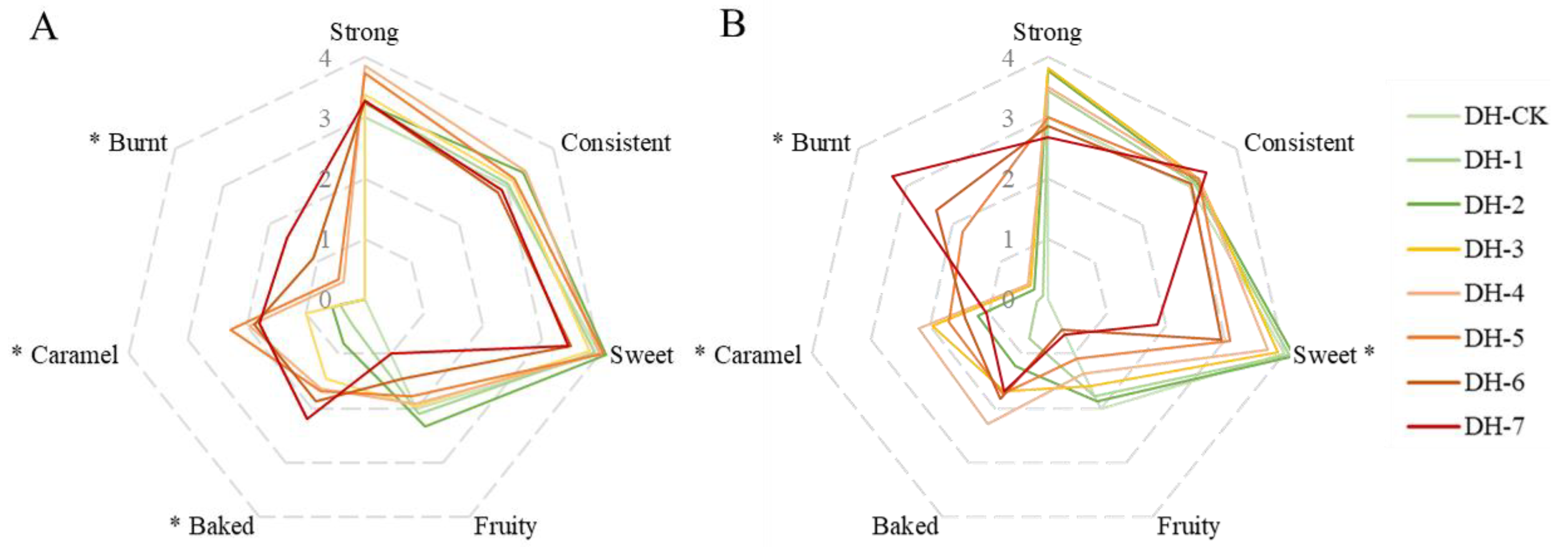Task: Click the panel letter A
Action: click(x=44, y=27)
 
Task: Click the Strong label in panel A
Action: click(x=364, y=32)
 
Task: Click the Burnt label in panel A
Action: click(x=137, y=143)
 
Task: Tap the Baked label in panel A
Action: click(x=221, y=526)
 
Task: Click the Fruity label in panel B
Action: click(x=1188, y=526)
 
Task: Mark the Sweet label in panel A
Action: click(x=641, y=355)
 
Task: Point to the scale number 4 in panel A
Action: click(x=326, y=59)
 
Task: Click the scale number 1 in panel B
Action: click(x=1008, y=239)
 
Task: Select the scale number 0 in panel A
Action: click(x=326, y=300)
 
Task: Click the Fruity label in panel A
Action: click(x=505, y=526)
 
